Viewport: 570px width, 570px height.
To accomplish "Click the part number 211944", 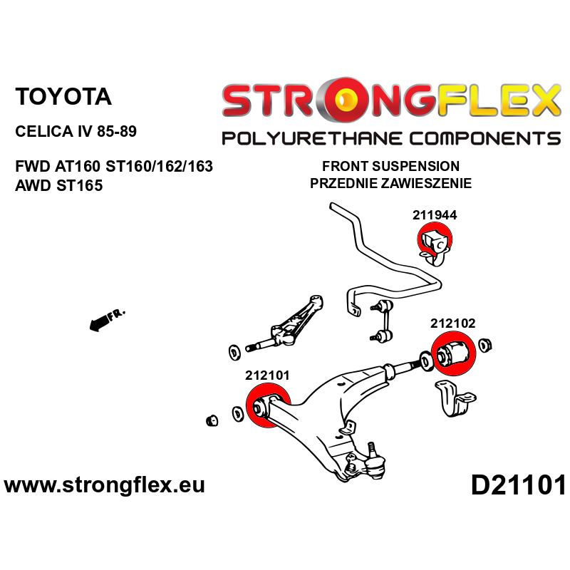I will [434, 214].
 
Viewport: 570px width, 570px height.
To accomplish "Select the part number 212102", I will [452, 323].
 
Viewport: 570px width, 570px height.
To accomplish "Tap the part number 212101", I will [267, 374].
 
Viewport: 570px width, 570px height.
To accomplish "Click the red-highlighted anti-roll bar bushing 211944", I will [434, 242].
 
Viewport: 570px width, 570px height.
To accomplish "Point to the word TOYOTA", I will [63, 97].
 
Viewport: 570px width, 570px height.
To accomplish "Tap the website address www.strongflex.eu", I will [105, 486].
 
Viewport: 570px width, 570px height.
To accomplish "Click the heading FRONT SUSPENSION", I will [390, 166].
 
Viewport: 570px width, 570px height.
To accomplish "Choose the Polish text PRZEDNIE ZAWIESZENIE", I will [390, 183].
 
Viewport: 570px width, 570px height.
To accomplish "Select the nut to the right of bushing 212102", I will [487, 346].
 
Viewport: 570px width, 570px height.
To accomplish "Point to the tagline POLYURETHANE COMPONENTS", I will [390, 138].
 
